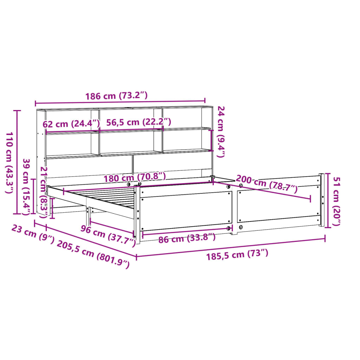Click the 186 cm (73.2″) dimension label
point(116,96)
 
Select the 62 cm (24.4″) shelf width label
point(71,124)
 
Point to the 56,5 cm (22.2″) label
point(139,122)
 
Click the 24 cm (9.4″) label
point(220,132)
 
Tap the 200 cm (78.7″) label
point(266,184)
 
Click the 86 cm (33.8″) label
point(187,239)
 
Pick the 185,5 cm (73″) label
point(237,254)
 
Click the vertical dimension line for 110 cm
point(17,162)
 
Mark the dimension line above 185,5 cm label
point(231,247)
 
